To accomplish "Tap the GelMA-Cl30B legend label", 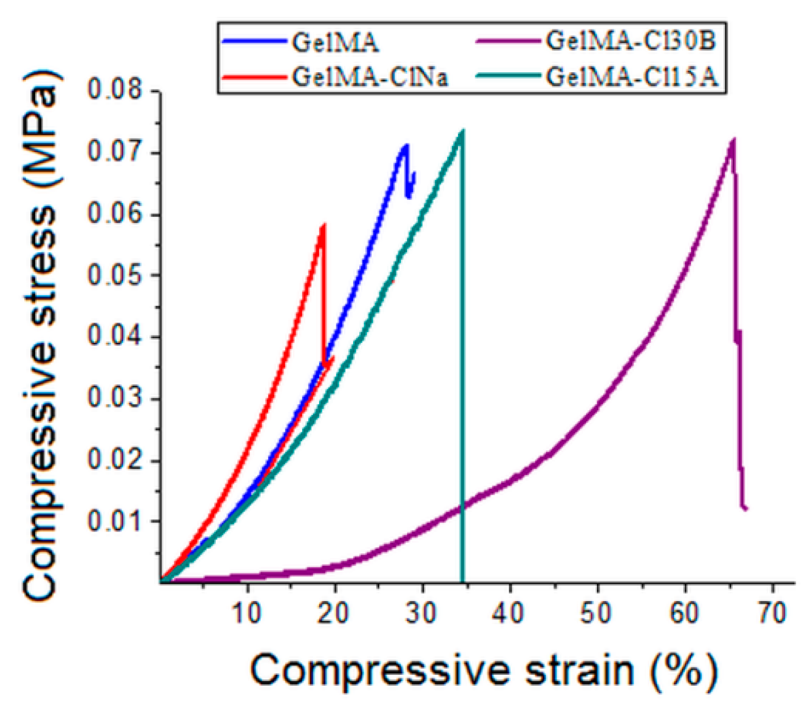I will tap(631, 41).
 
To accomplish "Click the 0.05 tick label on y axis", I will tap(114, 275).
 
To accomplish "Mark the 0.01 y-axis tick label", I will tap(114, 521).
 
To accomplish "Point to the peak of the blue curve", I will tap(406, 145).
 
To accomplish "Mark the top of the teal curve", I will tap(462, 131).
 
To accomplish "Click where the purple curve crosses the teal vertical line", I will tap(463, 506).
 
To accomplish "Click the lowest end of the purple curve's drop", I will tap(746, 508).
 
